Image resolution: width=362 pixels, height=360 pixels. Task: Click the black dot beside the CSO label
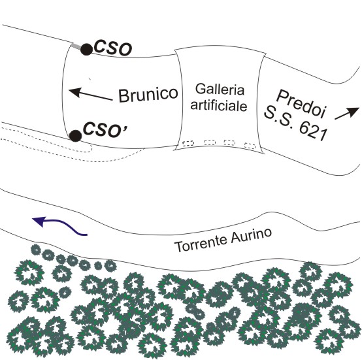[x=86, y=49]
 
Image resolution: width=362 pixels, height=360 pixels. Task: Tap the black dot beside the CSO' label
[x=76, y=136]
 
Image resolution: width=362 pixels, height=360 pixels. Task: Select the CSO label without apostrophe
[x=113, y=49]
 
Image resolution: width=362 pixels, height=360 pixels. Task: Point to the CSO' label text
[x=105, y=130]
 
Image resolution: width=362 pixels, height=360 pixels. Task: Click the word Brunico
[x=148, y=94]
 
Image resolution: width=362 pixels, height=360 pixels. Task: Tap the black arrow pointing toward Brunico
[x=90, y=94]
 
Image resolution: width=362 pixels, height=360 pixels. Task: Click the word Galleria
[x=220, y=89]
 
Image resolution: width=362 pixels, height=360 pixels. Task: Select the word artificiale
[x=219, y=106]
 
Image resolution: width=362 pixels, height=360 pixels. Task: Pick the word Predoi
[x=301, y=104]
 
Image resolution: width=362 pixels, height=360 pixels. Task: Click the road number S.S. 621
[x=295, y=123]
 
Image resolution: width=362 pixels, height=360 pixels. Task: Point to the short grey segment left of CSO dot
[x=76, y=46]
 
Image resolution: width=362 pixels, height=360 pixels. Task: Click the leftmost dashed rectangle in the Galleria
[x=188, y=144]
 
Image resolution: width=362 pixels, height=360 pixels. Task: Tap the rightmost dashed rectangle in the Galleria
[x=250, y=146]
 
